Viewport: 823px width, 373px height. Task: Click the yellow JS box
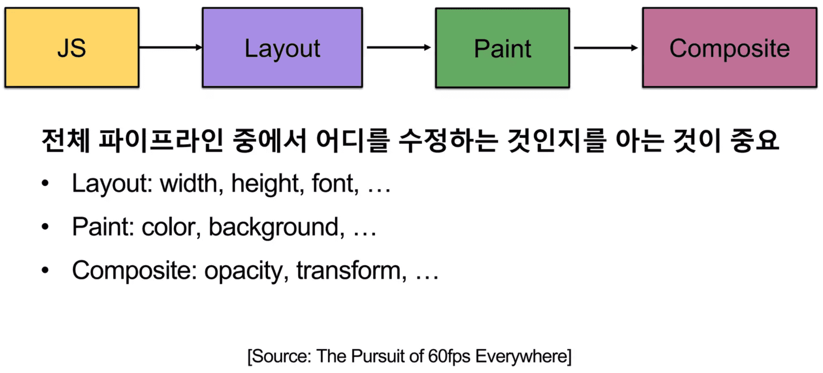pos(72,47)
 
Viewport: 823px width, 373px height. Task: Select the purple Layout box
pos(282,47)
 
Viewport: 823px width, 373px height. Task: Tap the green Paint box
pos(502,48)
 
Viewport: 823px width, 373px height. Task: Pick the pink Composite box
pos(729,47)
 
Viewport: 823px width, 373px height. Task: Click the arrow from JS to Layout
pos(171,47)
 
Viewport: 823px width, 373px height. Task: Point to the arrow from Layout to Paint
pos(399,47)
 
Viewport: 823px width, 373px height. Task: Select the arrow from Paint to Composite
pos(606,48)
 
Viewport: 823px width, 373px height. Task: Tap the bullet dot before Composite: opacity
pos(45,270)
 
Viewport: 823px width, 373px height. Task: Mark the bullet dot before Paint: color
pos(45,227)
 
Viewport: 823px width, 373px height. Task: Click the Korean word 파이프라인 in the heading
pos(161,140)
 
